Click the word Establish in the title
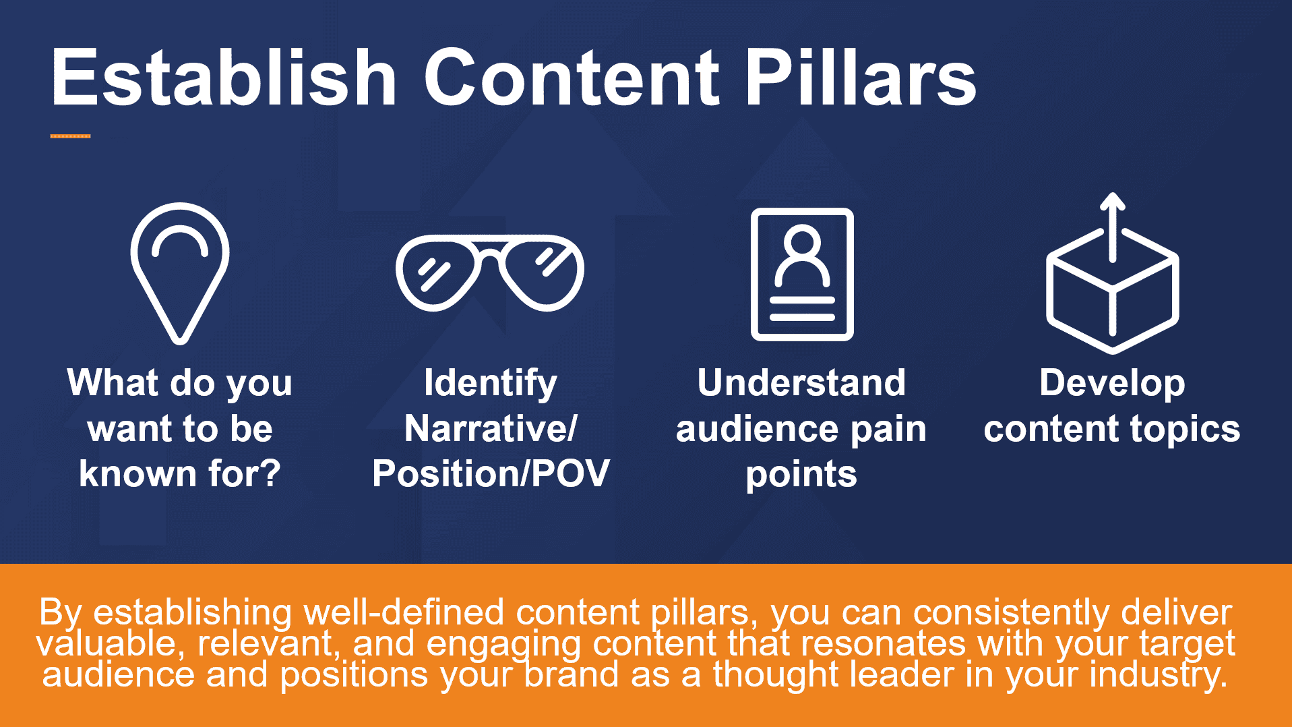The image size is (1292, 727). [x=224, y=78]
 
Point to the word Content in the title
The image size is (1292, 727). [x=572, y=78]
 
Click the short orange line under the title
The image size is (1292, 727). [x=70, y=136]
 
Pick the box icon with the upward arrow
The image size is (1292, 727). [x=1112, y=273]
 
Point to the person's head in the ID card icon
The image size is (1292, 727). [x=802, y=241]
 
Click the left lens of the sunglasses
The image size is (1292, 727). [x=438, y=272]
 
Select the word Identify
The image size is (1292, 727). [x=491, y=384]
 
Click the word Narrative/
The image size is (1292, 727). [x=491, y=428]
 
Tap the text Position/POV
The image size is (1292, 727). [x=491, y=473]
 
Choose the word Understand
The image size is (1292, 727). [x=801, y=383]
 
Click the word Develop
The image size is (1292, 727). [x=1112, y=384]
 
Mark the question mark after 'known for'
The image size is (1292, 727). [x=270, y=473]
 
